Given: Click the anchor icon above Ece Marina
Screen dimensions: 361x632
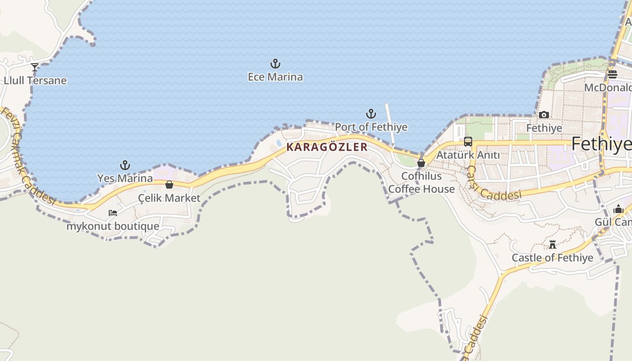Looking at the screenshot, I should pyautogui.click(x=275, y=64).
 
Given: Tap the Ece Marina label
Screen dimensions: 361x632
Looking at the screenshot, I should pyautogui.click(x=275, y=77).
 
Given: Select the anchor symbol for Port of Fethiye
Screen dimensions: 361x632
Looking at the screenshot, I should pyautogui.click(x=371, y=114).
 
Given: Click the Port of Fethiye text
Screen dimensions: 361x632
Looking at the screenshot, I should pyautogui.click(x=371, y=127).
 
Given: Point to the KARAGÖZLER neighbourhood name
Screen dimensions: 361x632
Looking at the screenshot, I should pyautogui.click(x=327, y=147).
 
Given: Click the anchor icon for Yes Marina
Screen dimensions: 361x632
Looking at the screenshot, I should pyautogui.click(x=125, y=165).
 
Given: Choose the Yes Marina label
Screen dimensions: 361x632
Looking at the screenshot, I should pyautogui.click(x=125, y=178).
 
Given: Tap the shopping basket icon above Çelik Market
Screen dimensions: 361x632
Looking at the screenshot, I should pyautogui.click(x=169, y=185).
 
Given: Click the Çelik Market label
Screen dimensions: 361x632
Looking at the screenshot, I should pyautogui.click(x=169, y=198).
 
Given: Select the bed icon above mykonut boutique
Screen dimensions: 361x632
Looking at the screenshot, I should pyautogui.click(x=113, y=213).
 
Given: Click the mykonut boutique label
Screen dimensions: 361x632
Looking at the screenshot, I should pyautogui.click(x=113, y=226).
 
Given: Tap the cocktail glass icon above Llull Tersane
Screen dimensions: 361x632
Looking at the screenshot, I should pyautogui.click(x=35, y=67).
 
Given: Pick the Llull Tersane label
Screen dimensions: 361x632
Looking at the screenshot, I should pyautogui.click(x=35, y=81).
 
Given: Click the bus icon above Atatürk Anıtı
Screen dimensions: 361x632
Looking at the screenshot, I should pyautogui.click(x=468, y=142).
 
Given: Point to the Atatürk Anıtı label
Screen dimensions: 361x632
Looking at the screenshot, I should pyautogui.click(x=468, y=155).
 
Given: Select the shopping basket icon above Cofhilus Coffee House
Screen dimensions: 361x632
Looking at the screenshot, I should pyautogui.click(x=421, y=163).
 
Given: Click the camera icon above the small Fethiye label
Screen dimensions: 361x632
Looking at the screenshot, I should pyautogui.click(x=544, y=115).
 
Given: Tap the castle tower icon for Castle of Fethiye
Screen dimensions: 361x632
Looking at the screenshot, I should pyautogui.click(x=553, y=245).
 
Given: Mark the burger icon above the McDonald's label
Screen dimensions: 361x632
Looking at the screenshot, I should pyautogui.click(x=613, y=74).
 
